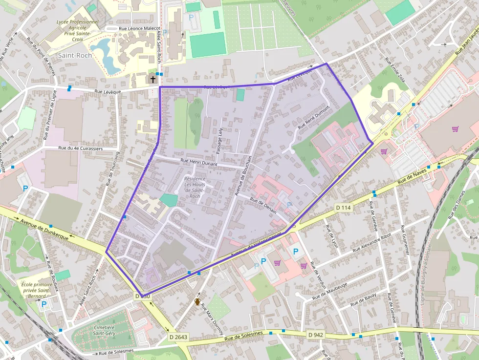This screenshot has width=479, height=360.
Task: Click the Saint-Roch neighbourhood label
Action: tap(75, 55)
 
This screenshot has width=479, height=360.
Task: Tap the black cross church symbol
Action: tap(153, 79)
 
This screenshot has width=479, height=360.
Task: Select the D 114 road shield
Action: tap(344, 208)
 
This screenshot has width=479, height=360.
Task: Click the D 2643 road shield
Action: tap(178, 337)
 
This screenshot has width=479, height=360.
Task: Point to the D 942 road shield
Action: tap(316, 335)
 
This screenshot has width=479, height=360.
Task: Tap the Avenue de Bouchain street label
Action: tap(242, 176)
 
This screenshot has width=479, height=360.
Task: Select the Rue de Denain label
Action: tap(264, 206)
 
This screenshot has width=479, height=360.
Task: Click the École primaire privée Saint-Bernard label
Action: tap(36, 290)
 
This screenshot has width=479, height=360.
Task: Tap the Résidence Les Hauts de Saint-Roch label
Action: tap(195, 188)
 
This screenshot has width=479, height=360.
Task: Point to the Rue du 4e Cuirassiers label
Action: tap(80, 148)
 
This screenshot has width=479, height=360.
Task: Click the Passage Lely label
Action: tap(220, 141)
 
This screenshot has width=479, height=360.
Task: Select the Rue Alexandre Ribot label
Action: tap(372, 243)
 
